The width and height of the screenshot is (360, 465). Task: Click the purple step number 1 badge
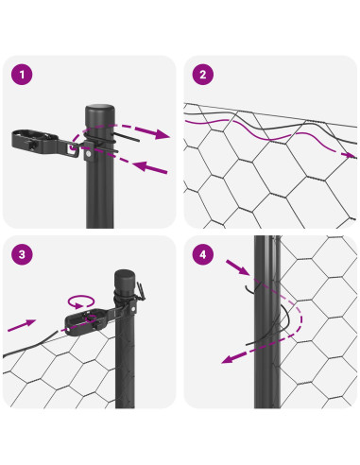tap(22, 75)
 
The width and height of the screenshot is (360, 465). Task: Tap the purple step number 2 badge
tap(203, 75)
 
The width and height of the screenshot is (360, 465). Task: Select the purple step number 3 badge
tap(22, 254)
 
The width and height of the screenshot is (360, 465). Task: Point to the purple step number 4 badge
tap(203, 254)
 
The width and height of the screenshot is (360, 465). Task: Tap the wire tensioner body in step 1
tap(35, 141)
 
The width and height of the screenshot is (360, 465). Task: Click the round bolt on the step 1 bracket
tap(89, 154)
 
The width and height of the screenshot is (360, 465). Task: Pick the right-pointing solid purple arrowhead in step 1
tap(162, 134)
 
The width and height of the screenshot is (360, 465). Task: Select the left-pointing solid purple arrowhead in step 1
tap(141, 165)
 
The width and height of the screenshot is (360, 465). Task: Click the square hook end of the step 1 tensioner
tap(73, 148)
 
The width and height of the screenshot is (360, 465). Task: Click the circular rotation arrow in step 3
tap(81, 301)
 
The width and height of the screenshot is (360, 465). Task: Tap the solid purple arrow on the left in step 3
tap(22, 325)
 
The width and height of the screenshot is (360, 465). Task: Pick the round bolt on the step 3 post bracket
tap(133, 309)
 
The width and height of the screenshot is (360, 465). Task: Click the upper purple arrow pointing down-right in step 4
tap(238, 267)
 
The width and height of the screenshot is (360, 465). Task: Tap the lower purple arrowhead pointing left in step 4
tap(230, 359)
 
